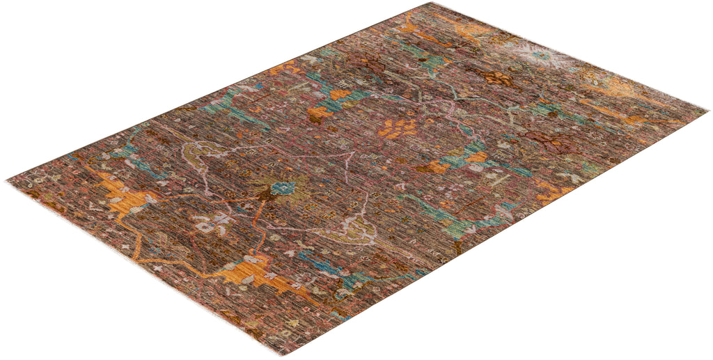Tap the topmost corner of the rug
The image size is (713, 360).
pos(430,4)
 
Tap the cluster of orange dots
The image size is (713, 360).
pos(398,127)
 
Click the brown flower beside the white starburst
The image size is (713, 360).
pos(498,78)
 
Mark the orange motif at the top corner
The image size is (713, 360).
pos(463,28)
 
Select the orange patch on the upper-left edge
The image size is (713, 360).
pos(285,68)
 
